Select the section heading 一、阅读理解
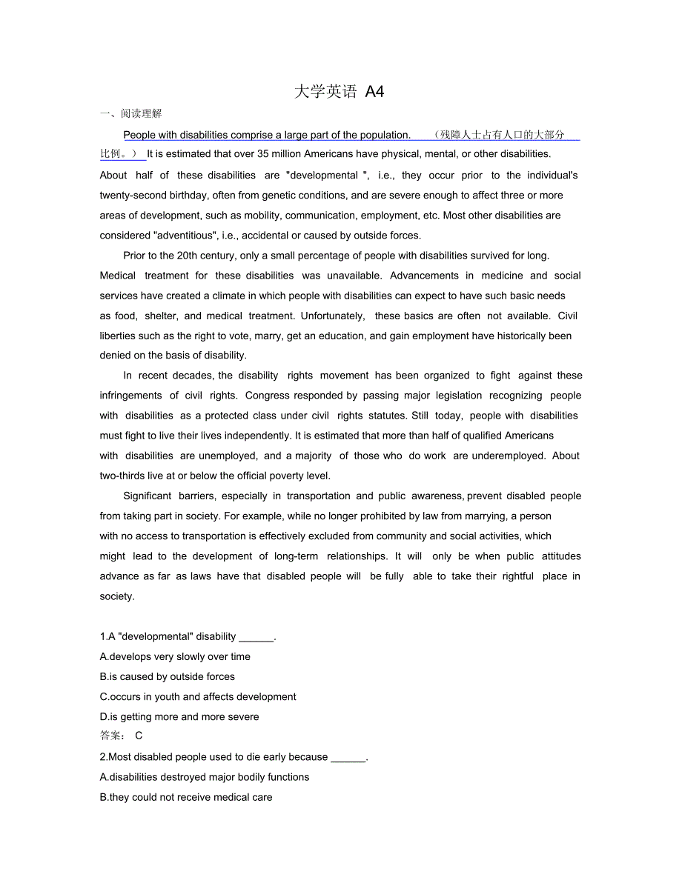click(x=131, y=113)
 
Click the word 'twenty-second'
click(x=130, y=196)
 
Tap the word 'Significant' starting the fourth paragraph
click(x=148, y=496)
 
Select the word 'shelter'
click(x=161, y=316)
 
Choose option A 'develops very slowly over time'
click(x=175, y=656)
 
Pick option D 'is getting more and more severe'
click(x=179, y=716)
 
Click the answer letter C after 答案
click(x=139, y=736)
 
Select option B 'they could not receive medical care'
click(x=186, y=797)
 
